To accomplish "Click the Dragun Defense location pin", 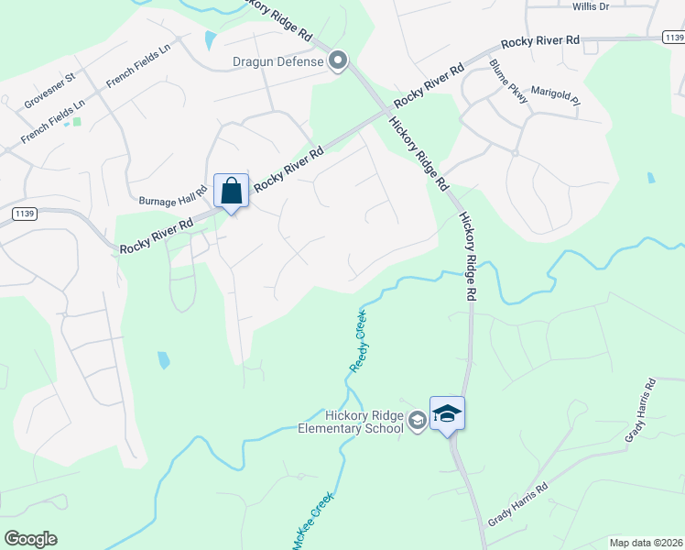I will point(338,62).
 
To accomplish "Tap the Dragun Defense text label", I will point(277,62).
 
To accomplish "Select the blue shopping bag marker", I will point(231,192).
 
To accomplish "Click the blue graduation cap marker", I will point(447,414).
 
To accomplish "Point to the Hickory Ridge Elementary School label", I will point(351,421).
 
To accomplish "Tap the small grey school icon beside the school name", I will point(418,421).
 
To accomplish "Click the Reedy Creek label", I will point(361,340).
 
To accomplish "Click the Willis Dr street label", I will point(591,6).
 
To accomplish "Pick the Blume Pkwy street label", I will point(509,82).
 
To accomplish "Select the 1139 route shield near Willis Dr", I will point(673,38).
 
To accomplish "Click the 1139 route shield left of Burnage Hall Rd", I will point(24,214).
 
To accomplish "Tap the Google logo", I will point(30,539).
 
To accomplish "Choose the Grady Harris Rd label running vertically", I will point(640,410).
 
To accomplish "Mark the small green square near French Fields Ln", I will point(76,121).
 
